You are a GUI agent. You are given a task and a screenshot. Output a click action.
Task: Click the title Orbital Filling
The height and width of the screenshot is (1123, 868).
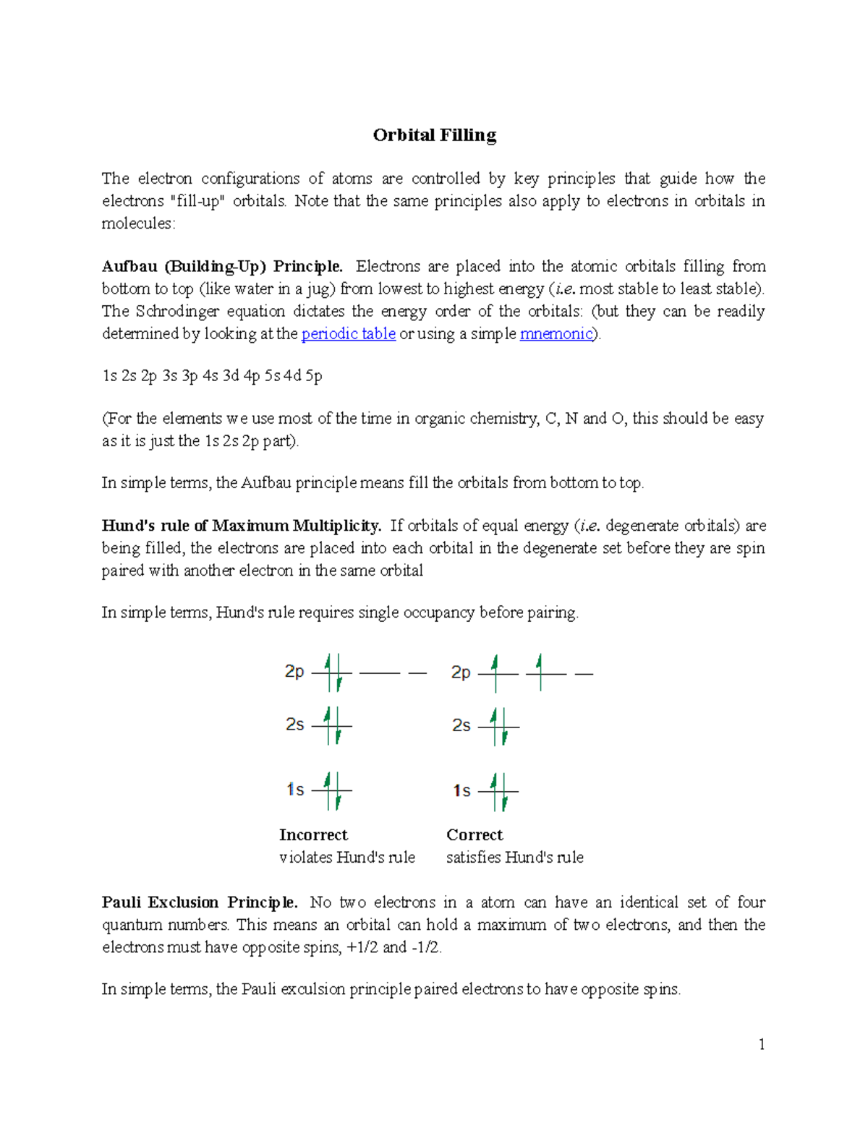click(x=434, y=135)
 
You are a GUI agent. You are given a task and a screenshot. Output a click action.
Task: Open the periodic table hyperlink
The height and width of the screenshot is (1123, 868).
click(x=348, y=334)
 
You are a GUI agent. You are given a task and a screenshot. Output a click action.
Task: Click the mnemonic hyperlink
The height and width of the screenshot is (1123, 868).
click(x=556, y=334)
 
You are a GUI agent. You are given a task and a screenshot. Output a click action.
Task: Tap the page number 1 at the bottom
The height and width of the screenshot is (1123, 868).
click(x=762, y=1044)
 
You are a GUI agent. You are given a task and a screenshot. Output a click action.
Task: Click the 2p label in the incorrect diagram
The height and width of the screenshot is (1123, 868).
click(x=294, y=672)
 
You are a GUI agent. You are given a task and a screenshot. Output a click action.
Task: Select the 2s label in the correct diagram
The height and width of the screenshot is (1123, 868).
click(x=461, y=725)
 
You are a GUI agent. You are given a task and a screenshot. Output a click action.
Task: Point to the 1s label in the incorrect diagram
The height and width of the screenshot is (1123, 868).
click(x=295, y=790)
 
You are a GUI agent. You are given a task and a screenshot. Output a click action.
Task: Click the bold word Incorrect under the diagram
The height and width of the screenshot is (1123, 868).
click(x=313, y=835)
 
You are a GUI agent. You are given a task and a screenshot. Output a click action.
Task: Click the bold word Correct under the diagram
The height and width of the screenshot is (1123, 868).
click(x=475, y=835)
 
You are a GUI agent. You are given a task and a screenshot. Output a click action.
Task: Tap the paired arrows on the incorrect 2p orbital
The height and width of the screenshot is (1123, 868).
click(x=333, y=673)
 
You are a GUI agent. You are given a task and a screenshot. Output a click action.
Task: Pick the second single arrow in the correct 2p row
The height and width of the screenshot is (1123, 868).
click(x=540, y=672)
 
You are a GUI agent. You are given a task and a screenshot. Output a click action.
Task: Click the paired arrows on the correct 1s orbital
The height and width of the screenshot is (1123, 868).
click(x=499, y=791)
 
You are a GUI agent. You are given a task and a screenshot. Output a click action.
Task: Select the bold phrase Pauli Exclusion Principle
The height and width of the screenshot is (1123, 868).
click(x=200, y=902)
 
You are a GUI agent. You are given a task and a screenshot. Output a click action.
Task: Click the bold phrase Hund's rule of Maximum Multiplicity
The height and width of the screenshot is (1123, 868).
click(x=241, y=526)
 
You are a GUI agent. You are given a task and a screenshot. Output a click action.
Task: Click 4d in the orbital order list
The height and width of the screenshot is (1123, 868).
click(x=293, y=376)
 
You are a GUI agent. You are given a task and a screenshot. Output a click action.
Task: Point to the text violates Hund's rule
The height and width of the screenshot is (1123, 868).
click(x=347, y=858)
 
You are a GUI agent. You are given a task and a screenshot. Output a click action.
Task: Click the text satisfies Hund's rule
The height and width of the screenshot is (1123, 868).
click(x=514, y=858)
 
